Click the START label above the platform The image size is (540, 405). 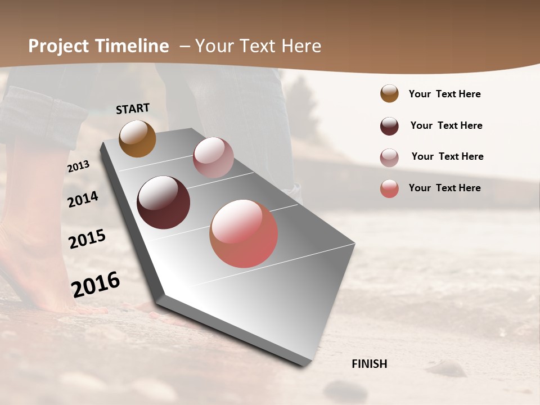click(x=133, y=109)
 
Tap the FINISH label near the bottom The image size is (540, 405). click(x=369, y=364)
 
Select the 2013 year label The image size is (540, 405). click(x=78, y=166)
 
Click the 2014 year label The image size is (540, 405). click(x=83, y=199)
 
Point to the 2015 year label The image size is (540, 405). click(x=87, y=238)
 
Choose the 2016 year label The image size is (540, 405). click(x=96, y=283)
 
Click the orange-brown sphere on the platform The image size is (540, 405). click(x=137, y=138)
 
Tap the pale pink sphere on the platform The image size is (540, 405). click(x=213, y=157)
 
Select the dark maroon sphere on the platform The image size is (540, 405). click(x=163, y=202)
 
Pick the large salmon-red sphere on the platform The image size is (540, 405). click(x=244, y=233)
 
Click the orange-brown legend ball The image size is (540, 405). click(x=389, y=93)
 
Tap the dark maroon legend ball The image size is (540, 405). click(x=389, y=126)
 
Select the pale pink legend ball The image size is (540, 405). click(x=389, y=157)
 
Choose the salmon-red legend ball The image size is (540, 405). click(x=389, y=188)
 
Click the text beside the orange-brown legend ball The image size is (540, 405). click(x=444, y=94)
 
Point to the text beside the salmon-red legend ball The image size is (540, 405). click(x=444, y=188)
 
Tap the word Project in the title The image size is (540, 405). click(x=58, y=46)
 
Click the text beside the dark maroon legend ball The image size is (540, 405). click(x=446, y=125)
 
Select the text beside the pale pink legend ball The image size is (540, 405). click(x=447, y=156)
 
